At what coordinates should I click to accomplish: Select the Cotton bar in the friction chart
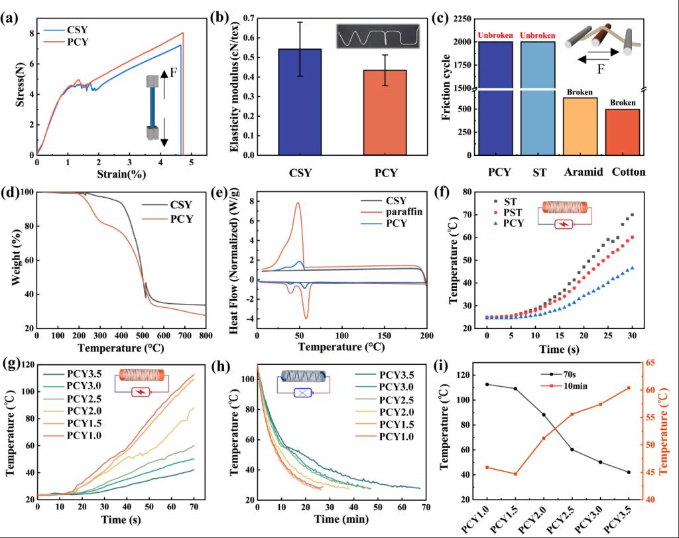click(623, 132)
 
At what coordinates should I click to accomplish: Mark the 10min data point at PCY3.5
click(629, 387)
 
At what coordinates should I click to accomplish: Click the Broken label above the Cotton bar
click(623, 103)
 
